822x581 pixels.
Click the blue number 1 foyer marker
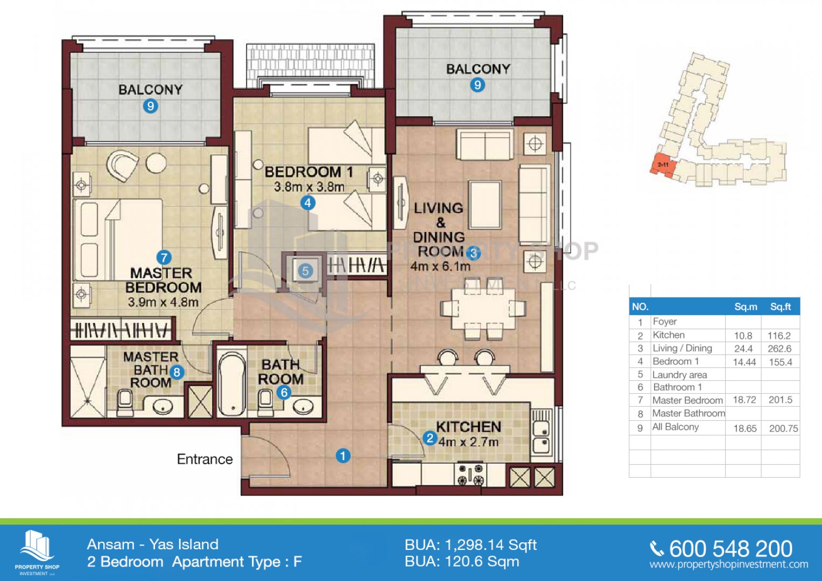343,456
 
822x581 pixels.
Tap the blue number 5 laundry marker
305,272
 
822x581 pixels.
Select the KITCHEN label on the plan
469,427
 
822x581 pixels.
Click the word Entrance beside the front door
205,459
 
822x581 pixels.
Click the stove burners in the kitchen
470,474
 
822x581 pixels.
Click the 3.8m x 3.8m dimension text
309,187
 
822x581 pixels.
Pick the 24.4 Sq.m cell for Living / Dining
743,349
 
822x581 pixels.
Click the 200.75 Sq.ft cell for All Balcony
783,428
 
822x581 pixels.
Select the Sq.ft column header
781,307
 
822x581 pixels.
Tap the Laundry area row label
680,375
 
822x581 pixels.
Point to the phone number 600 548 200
730,549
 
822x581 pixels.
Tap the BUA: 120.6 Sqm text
462,562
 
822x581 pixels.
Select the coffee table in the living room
485,205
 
